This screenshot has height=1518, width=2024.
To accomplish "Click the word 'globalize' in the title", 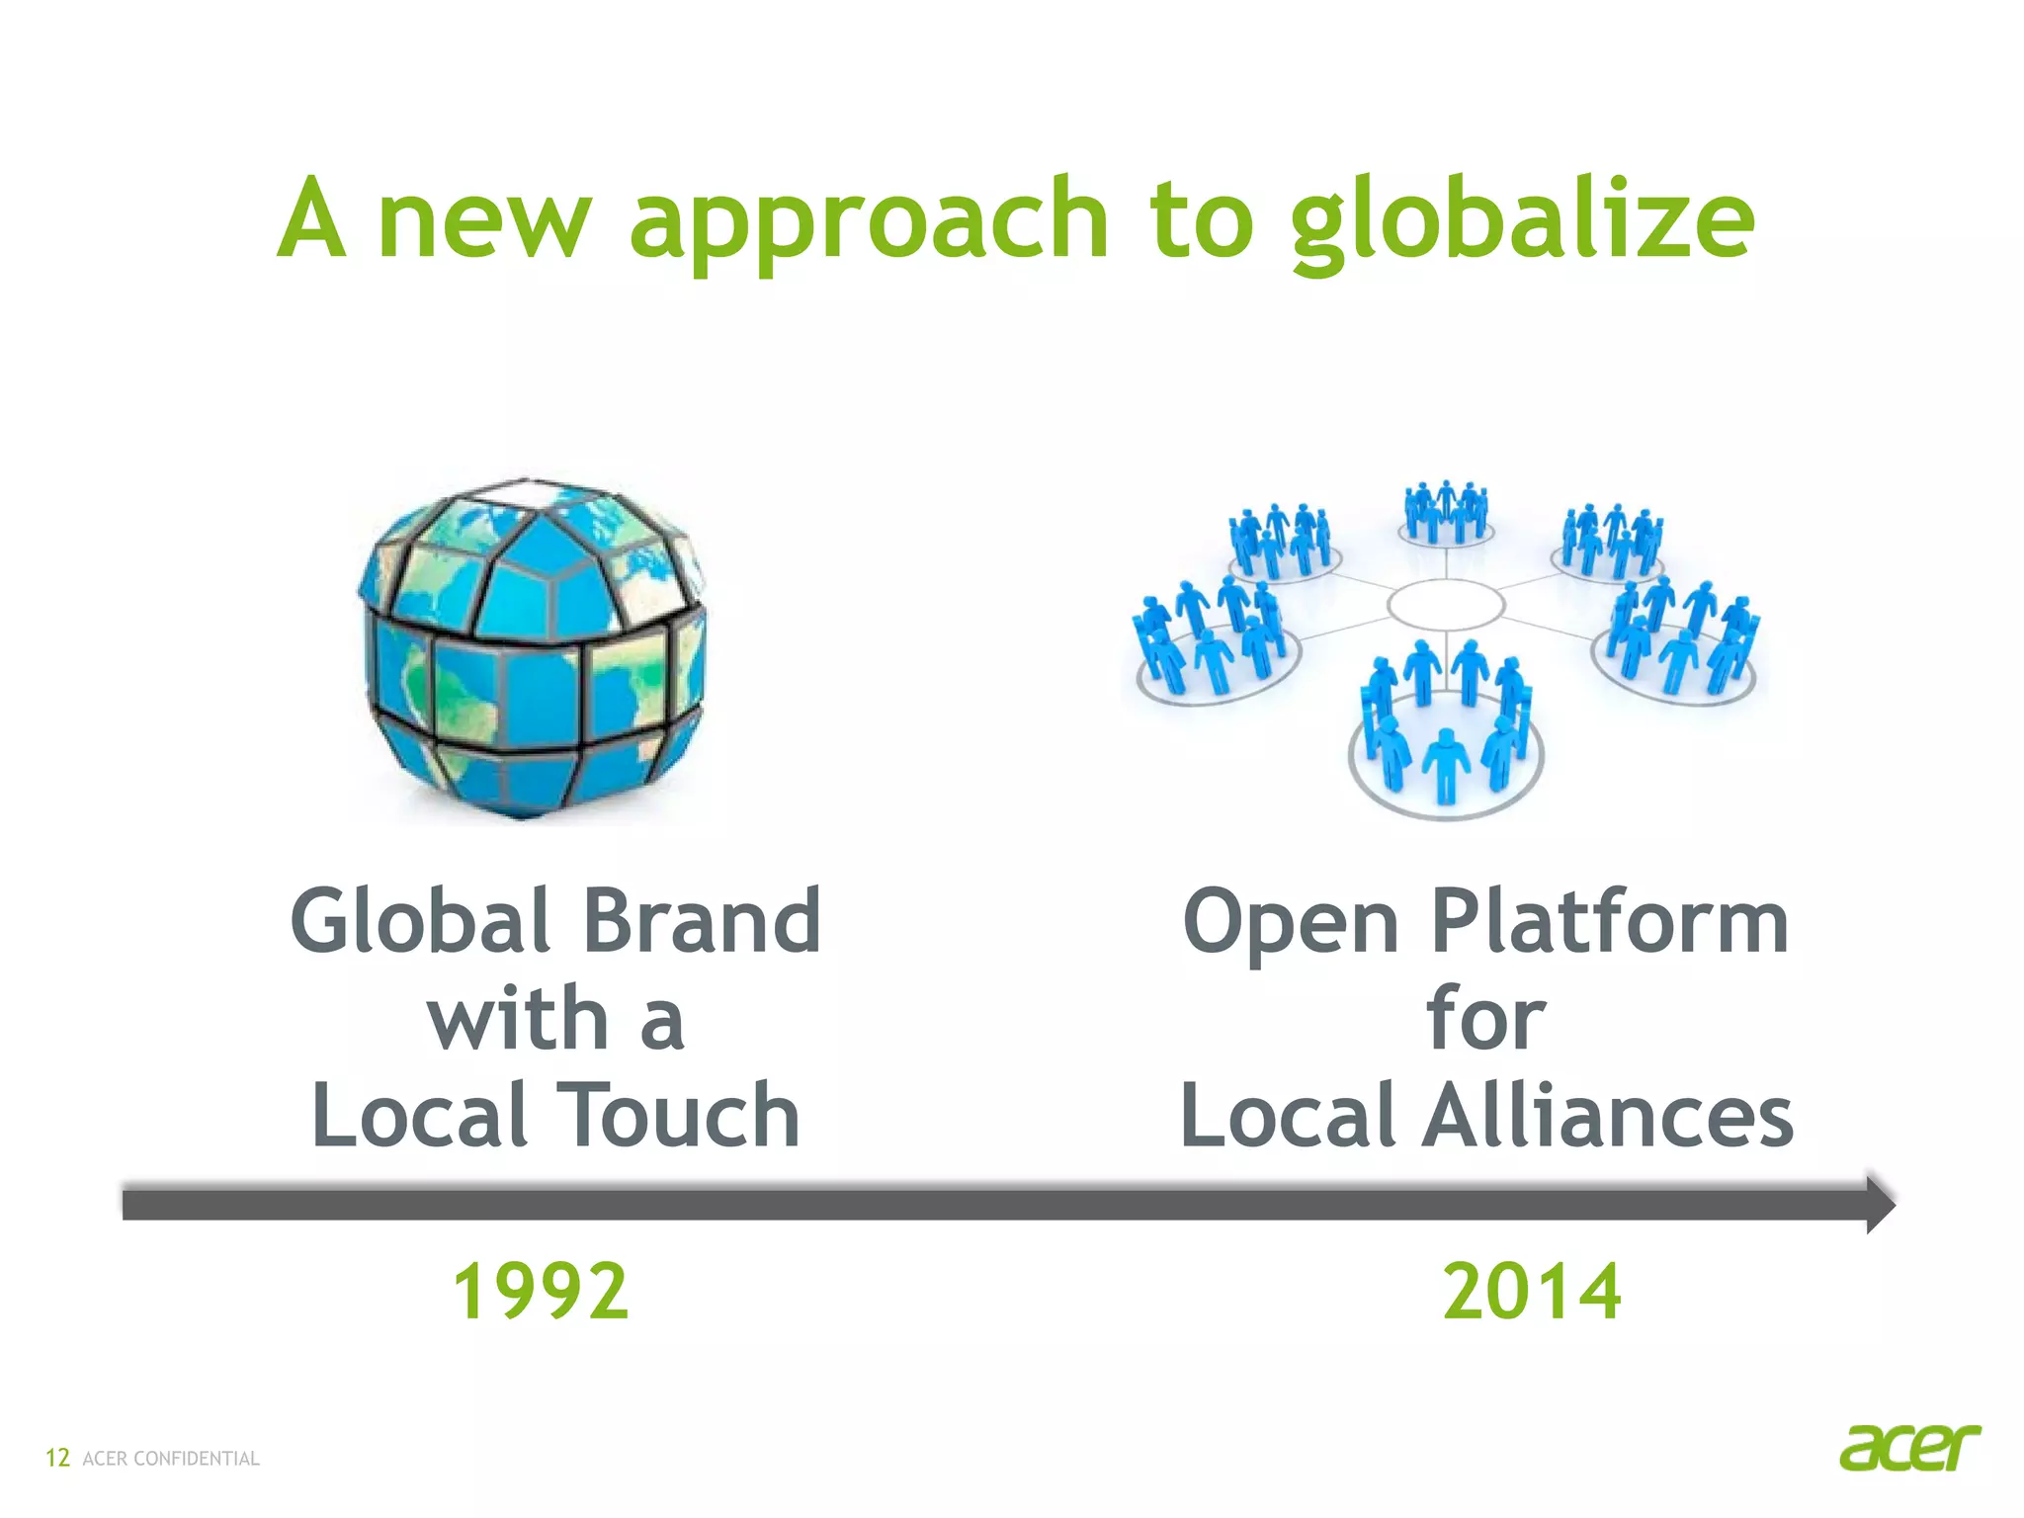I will (x=1522, y=222).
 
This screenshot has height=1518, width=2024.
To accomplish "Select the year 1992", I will (x=541, y=1291).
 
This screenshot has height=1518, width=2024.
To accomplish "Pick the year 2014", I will (x=1532, y=1291).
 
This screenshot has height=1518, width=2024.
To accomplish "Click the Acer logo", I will (x=1909, y=1448).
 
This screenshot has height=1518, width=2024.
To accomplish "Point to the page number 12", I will (x=57, y=1458).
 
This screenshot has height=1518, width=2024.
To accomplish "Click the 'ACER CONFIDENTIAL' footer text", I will (x=171, y=1459).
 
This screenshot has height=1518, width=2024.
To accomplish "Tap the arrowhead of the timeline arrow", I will (x=1878, y=1204).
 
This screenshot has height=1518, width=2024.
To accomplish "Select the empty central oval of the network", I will (x=1445, y=604).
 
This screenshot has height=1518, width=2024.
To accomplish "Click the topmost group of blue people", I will (x=1446, y=512).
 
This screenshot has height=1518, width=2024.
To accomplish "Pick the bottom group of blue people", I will (x=1446, y=726).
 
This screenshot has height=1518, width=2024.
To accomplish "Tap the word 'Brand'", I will (x=702, y=921).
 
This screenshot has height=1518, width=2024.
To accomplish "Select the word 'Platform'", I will (x=1610, y=921).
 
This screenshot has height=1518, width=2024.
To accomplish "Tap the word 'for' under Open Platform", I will (x=1484, y=1018).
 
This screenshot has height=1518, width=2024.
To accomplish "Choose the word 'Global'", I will (x=421, y=921).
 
